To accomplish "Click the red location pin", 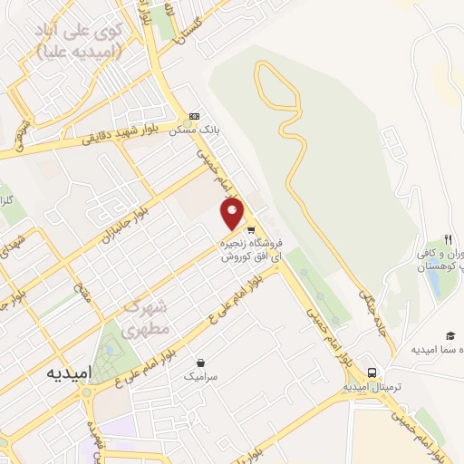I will point(234,214).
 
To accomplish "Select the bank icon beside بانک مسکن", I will point(194,117).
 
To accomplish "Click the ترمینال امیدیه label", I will point(372,387).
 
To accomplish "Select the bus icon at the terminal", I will point(372,372).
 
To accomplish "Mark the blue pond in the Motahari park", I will point(111,349).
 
